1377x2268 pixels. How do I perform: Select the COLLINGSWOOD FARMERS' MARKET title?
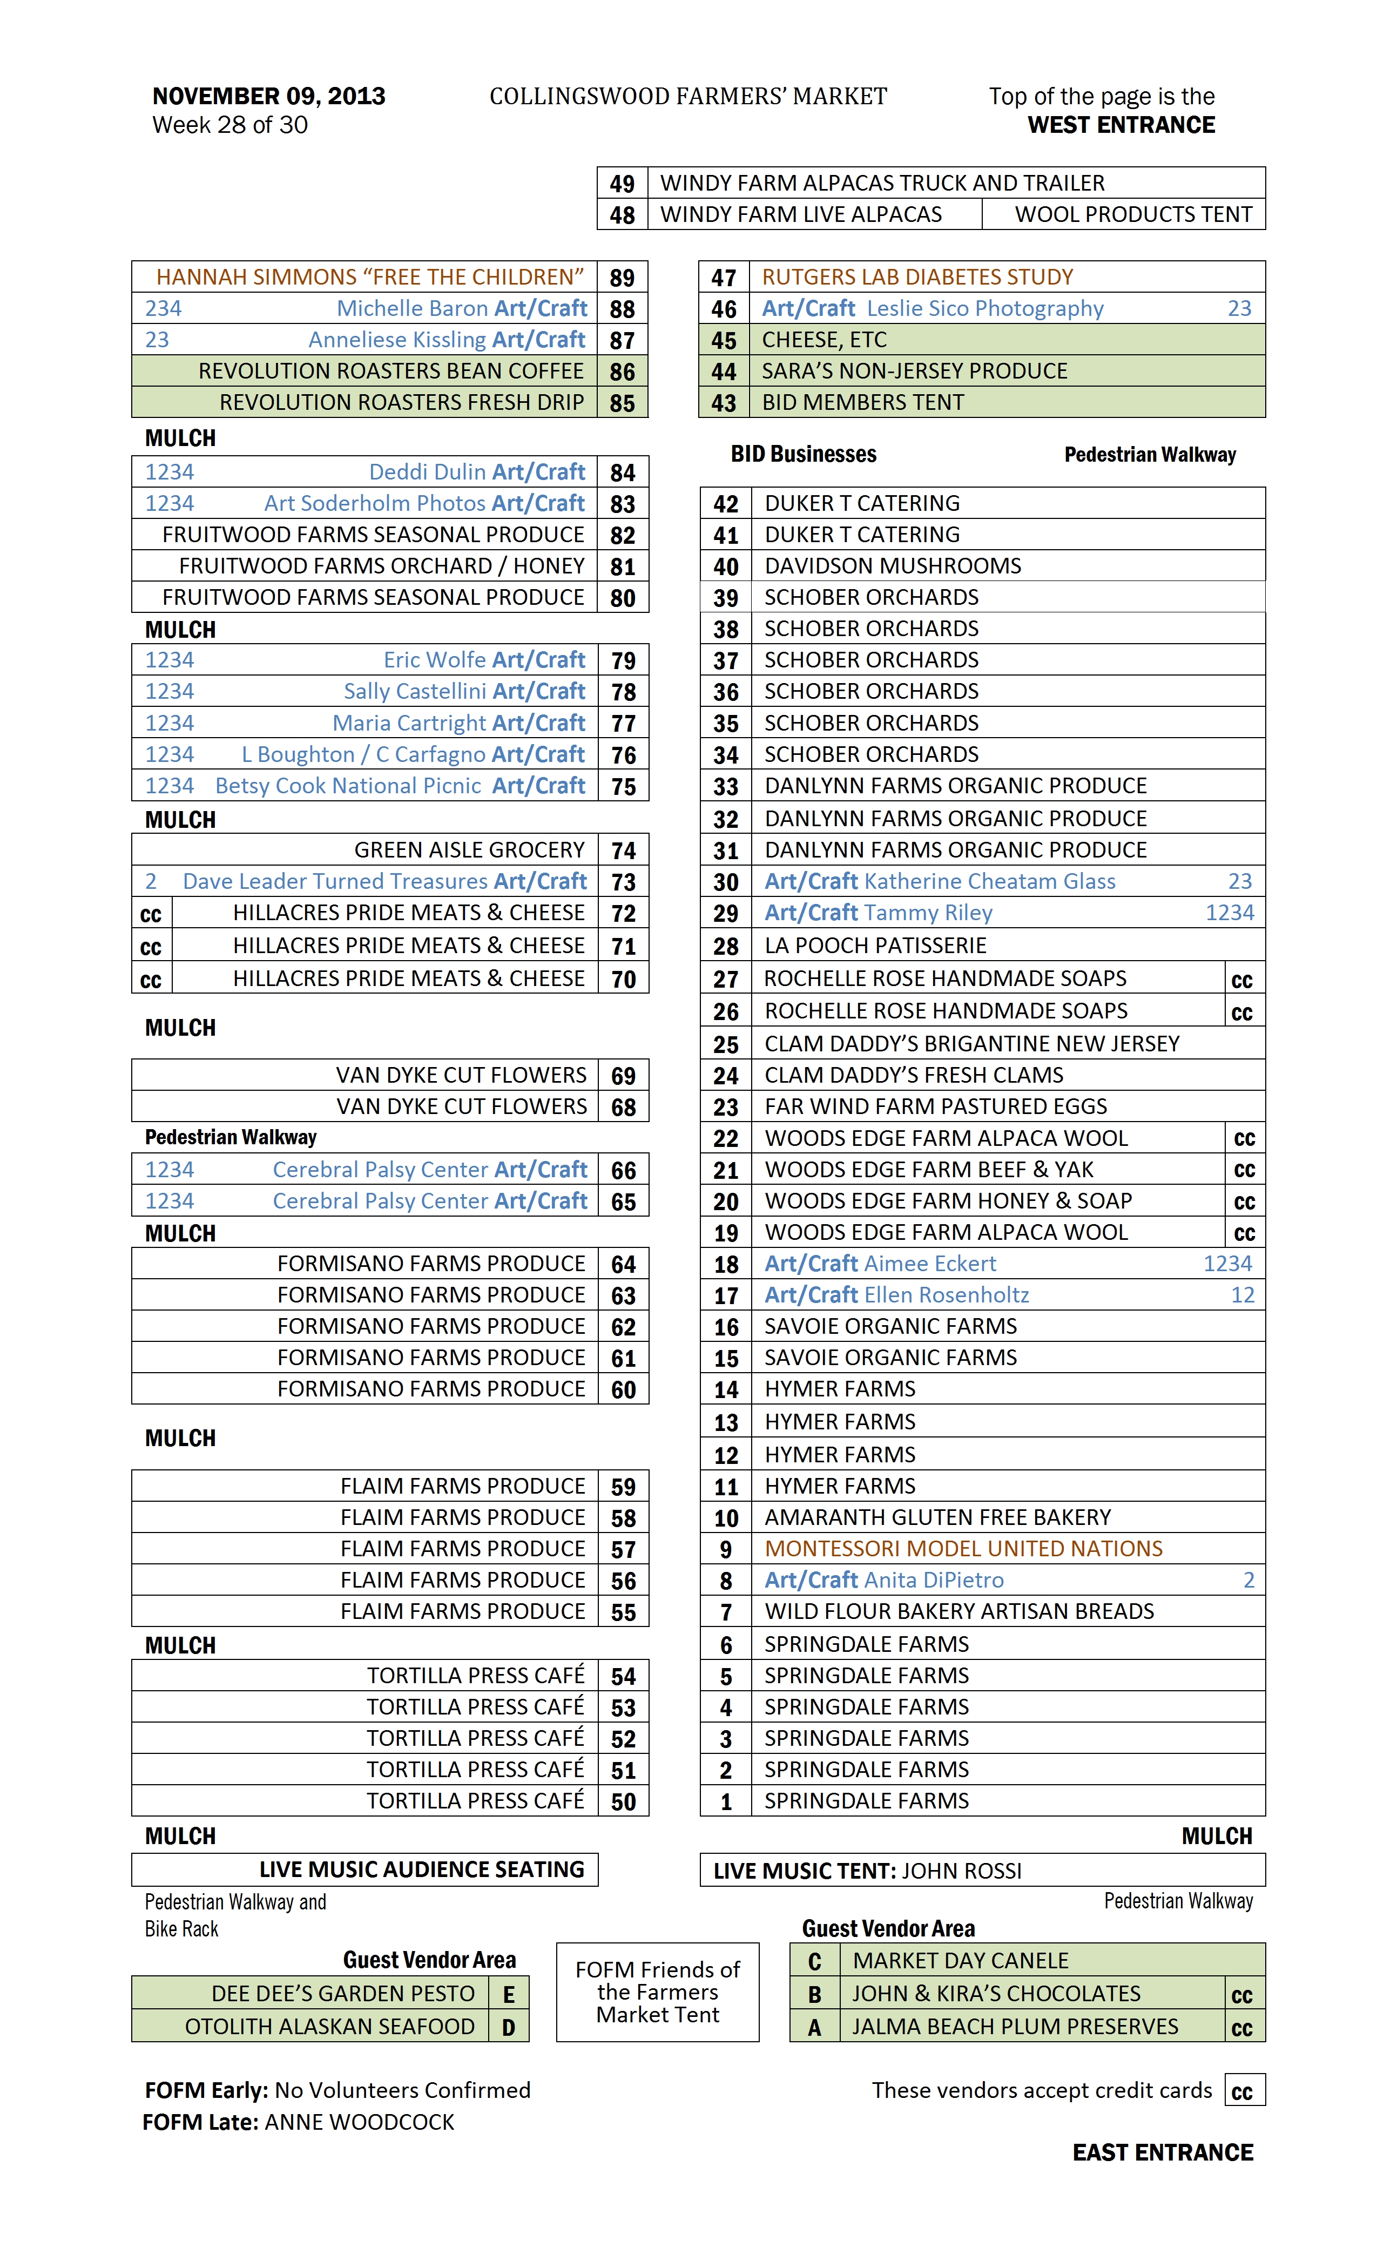(687, 97)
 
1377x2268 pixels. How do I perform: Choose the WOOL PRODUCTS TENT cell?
(1132, 214)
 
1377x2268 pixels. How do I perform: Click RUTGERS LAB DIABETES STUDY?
(917, 277)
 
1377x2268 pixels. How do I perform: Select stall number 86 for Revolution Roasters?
(622, 372)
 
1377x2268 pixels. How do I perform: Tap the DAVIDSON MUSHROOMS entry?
(892, 566)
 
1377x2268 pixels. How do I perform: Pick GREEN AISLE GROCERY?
(469, 849)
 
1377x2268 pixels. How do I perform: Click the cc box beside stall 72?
(151, 914)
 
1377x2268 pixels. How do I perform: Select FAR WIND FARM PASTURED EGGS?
(935, 1106)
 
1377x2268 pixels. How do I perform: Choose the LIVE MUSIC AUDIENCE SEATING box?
(422, 1869)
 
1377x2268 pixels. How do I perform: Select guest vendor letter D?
(508, 2027)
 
